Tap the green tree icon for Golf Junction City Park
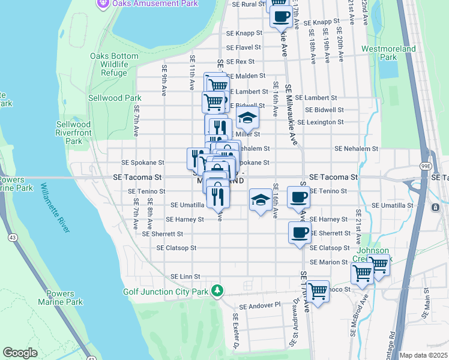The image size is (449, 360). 217,292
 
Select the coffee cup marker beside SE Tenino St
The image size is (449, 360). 298,196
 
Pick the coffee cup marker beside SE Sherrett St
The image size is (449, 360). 300,233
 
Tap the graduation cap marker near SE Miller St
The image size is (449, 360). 246,119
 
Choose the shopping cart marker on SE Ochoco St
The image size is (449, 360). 318,291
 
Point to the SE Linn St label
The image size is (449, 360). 185,276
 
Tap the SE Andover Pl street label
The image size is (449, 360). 260,305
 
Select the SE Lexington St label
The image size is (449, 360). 321,122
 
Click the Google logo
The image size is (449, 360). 20,353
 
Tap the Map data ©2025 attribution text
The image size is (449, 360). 423,355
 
